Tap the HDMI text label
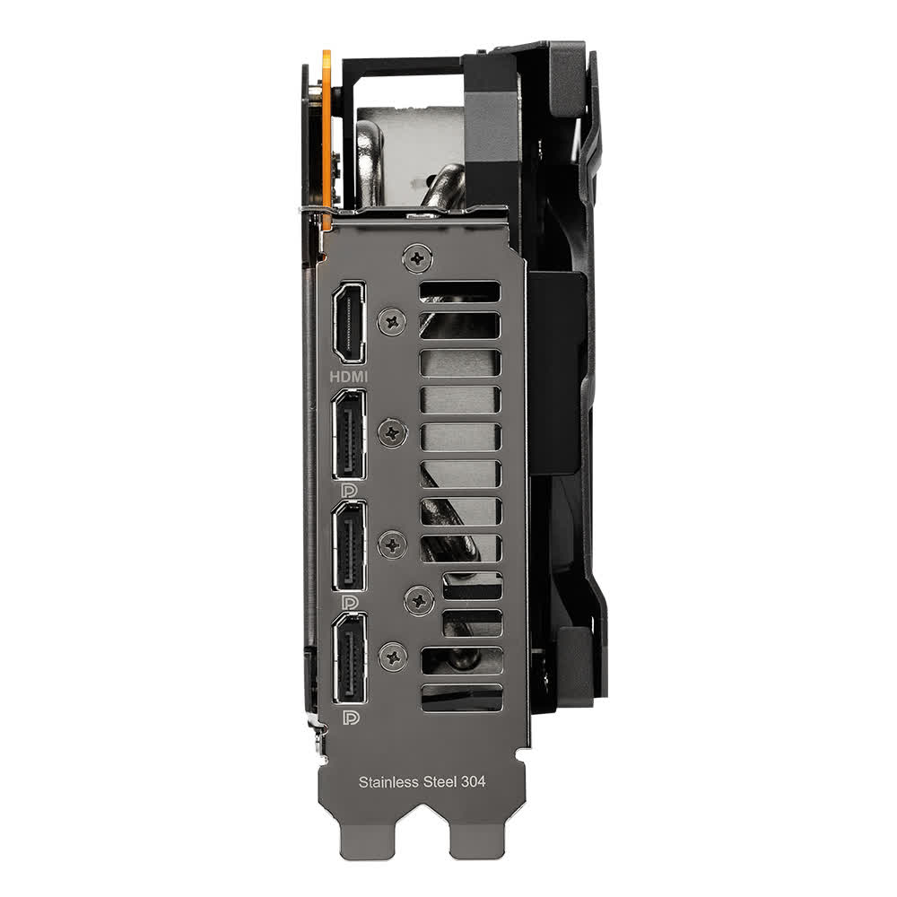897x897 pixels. tap(349, 377)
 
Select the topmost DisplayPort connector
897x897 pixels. tap(349, 434)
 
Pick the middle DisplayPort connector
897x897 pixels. tap(349, 548)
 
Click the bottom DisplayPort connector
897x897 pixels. tap(349, 659)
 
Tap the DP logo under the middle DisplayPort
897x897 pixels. tap(350, 602)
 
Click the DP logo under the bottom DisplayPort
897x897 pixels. tap(350, 718)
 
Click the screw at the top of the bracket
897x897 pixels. tap(416, 258)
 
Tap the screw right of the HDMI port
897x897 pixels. tap(392, 321)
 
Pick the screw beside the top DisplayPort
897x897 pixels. tap(392, 434)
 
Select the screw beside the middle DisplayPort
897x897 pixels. tap(392, 544)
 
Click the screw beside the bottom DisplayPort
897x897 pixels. tap(392, 657)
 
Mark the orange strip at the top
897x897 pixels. tap(326, 135)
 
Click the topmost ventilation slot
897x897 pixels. tap(460, 292)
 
